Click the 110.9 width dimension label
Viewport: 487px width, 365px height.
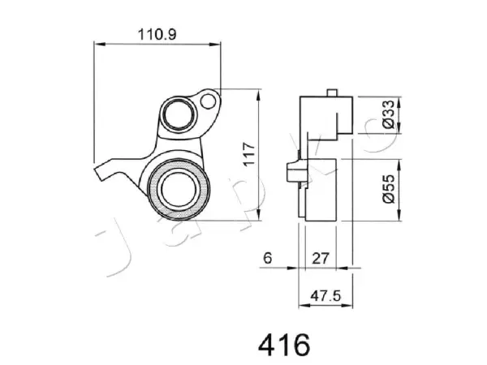(x=157, y=34)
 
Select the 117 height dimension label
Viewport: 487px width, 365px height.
(x=249, y=154)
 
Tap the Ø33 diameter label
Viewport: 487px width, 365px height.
(x=388, y=114)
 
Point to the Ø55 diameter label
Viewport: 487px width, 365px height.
(x=389, y=189)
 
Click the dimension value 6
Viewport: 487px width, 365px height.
(x=267, y=258)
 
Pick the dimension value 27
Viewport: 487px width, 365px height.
(x=321, y=258)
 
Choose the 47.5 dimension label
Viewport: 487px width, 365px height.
(x=325, y=296)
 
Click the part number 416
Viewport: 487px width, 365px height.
(x=284, y=345)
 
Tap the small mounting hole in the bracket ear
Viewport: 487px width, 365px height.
(x=208, y=101)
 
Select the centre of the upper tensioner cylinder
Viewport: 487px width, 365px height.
(x=179, y=115)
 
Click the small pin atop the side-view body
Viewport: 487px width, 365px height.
(x=332, y=92)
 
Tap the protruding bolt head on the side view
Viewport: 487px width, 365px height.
(x=292, y=172)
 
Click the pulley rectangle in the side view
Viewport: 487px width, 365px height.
(x=321, y=190)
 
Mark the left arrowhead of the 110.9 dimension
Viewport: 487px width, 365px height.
(x=100, y=45)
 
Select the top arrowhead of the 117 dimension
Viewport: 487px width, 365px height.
(x=258, y=95)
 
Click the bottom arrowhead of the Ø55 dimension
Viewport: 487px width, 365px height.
(x=399, y=215)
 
